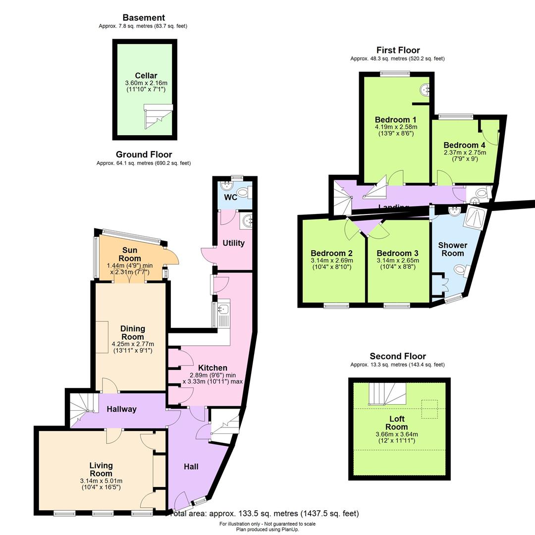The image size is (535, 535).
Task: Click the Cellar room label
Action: point(146,76)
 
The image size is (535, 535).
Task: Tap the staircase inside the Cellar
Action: point(158,116)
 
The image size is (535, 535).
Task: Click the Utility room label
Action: point(233,243)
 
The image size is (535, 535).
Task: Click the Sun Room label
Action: point(129,254)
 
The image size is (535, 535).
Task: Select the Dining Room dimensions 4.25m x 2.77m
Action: point(132,344)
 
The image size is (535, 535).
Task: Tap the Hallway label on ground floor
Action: point(121,409)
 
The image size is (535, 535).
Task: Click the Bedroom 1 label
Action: point(395,120)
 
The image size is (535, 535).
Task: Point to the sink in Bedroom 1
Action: point(425,90)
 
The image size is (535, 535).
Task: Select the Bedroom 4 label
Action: point(464,145)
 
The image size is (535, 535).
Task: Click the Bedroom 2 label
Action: point(331,253)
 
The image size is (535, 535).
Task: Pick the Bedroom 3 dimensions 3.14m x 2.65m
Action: point(398,260)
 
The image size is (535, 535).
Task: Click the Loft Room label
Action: point(397,423)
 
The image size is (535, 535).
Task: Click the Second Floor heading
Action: point(398,356)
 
